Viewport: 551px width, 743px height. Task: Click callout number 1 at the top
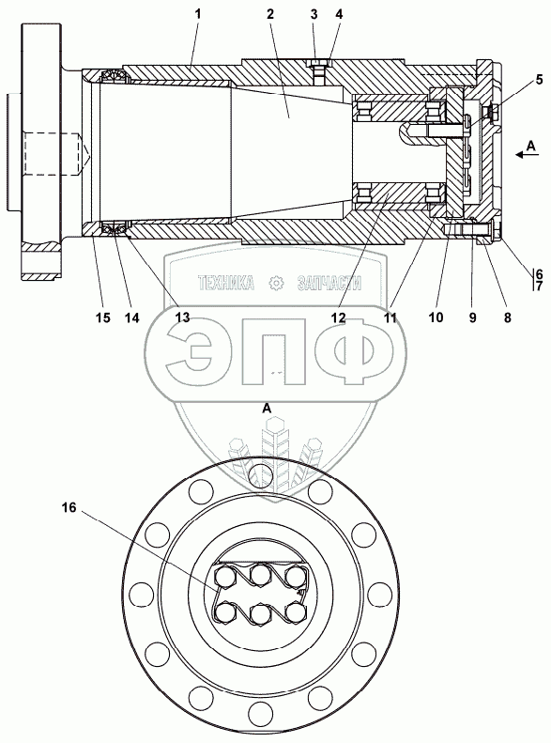pyautogui.click(x=198, y=14)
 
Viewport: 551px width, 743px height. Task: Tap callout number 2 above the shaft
pyautogui.click(x=269, y=14)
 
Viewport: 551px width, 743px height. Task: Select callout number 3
pyautogui.click(x=314, y=14)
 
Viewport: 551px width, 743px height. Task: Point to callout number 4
pyautogui.click(x=339, y=14)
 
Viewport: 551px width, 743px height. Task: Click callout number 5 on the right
pyautogui.click(x=539, y=80)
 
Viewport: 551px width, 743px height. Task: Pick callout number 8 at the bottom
pyautogui.click(x=508, y=317)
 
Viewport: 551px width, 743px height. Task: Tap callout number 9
pyautogui.click(x=472, y=317)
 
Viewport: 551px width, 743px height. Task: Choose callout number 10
pyautogui.click(x=436, y=317)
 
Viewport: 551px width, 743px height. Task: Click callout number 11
pyautogui.click(x=390, y=317)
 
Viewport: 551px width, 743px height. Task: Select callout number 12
pyautogui.click(x=339, y=317)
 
